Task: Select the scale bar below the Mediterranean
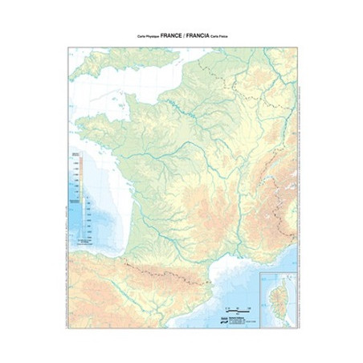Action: coord(239,309)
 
